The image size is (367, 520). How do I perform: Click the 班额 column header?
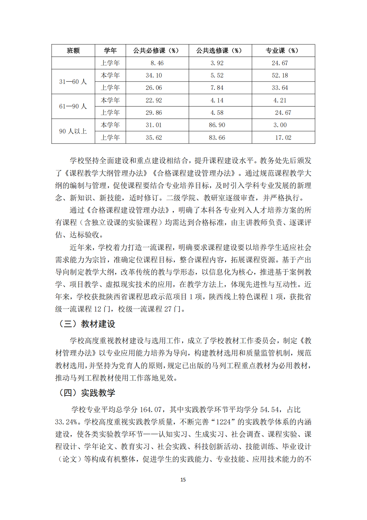click(73, 51)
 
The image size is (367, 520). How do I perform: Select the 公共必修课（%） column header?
click(156, 51)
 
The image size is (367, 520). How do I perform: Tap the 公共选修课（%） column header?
click(219, 51)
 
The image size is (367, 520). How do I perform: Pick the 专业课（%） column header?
click(282, 51)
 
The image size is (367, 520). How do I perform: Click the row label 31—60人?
click(73, 82)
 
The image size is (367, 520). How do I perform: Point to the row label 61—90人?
click(73, 107)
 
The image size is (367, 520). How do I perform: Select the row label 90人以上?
click(73, 131)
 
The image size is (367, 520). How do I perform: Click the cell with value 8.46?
click(157, 63)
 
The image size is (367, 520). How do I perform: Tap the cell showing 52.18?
click(280, 75)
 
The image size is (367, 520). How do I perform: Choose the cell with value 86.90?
click(217, 125)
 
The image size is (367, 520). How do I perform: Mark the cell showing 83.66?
click(217, 137)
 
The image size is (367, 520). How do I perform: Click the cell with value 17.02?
click(283, 137)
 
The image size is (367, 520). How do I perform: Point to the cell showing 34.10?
click(154, 75)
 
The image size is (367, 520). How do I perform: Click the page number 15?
click(183, 480)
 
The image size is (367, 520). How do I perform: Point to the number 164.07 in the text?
click(151, 409)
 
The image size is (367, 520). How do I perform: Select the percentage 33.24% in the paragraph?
click(67, 422)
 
